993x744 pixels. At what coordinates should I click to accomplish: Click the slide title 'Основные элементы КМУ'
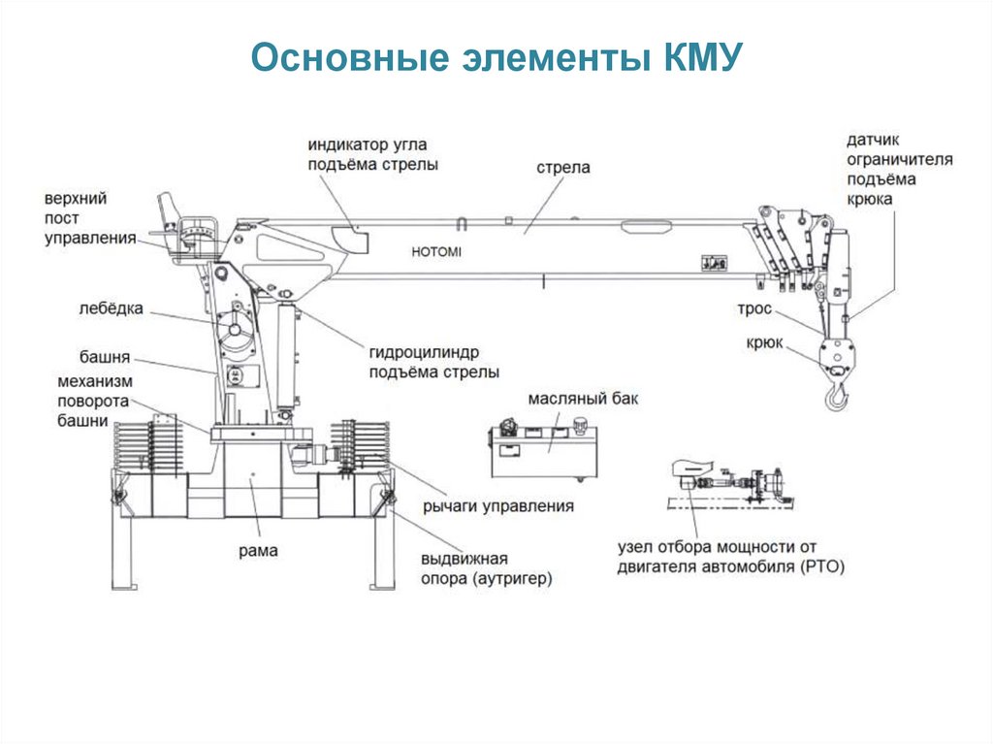click(496, 58)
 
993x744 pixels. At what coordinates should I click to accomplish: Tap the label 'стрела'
click(562, 168)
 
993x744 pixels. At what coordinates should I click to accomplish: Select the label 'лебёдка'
click(112, 309)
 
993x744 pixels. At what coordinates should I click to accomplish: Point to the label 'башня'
click(105, 356)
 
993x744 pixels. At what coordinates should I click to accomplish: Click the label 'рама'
click(258, 551)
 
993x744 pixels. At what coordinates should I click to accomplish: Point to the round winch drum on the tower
click(235, 335)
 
